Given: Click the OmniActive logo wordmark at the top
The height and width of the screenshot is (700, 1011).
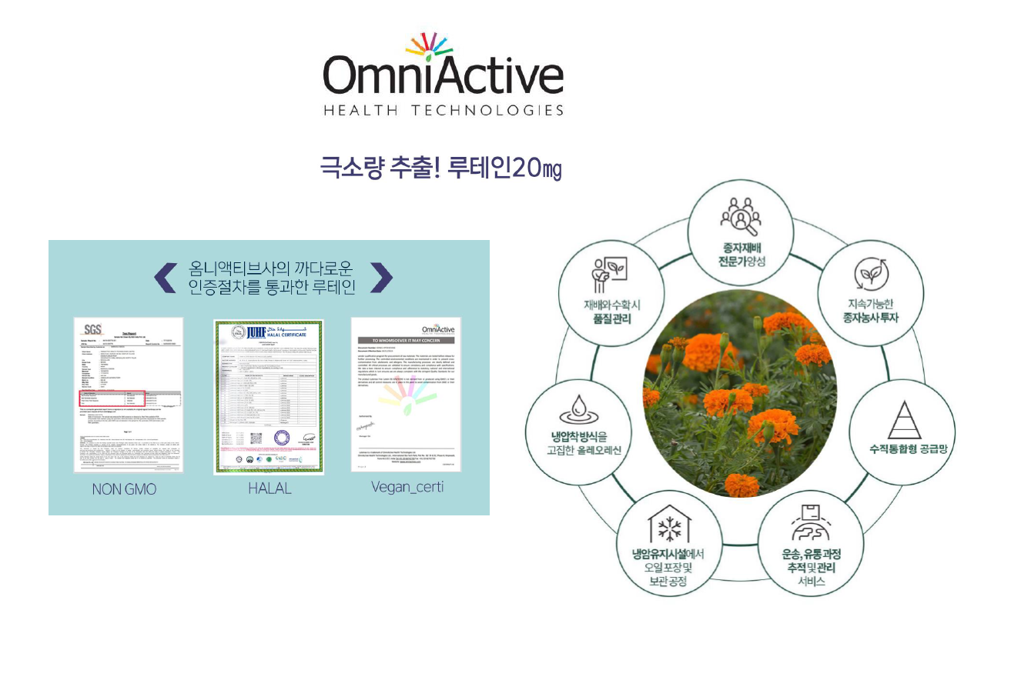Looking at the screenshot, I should coord(443,77).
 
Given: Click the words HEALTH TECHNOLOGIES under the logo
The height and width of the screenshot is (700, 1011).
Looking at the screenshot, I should coord(443,110).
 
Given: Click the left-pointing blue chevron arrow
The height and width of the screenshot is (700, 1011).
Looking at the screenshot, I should coord(166,278).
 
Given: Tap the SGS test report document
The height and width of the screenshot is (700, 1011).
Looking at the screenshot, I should coord(128,394).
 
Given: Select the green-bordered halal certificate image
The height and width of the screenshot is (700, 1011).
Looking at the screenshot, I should coord(268,396).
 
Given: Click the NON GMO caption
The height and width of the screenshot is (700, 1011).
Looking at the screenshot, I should coord(124,489).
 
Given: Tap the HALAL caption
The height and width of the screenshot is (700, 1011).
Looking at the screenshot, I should coord(269,488).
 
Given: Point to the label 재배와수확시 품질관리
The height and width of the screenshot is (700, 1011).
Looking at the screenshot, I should coord(611,312).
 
